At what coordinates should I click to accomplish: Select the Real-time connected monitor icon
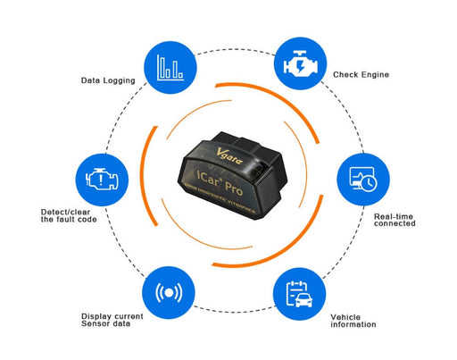tap(362, 179)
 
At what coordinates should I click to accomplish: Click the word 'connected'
tap(394, 224)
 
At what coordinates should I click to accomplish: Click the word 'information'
tap(353, 325)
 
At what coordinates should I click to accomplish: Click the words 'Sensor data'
tap(106, 325)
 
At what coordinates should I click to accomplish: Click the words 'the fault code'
tap(66, 221)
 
